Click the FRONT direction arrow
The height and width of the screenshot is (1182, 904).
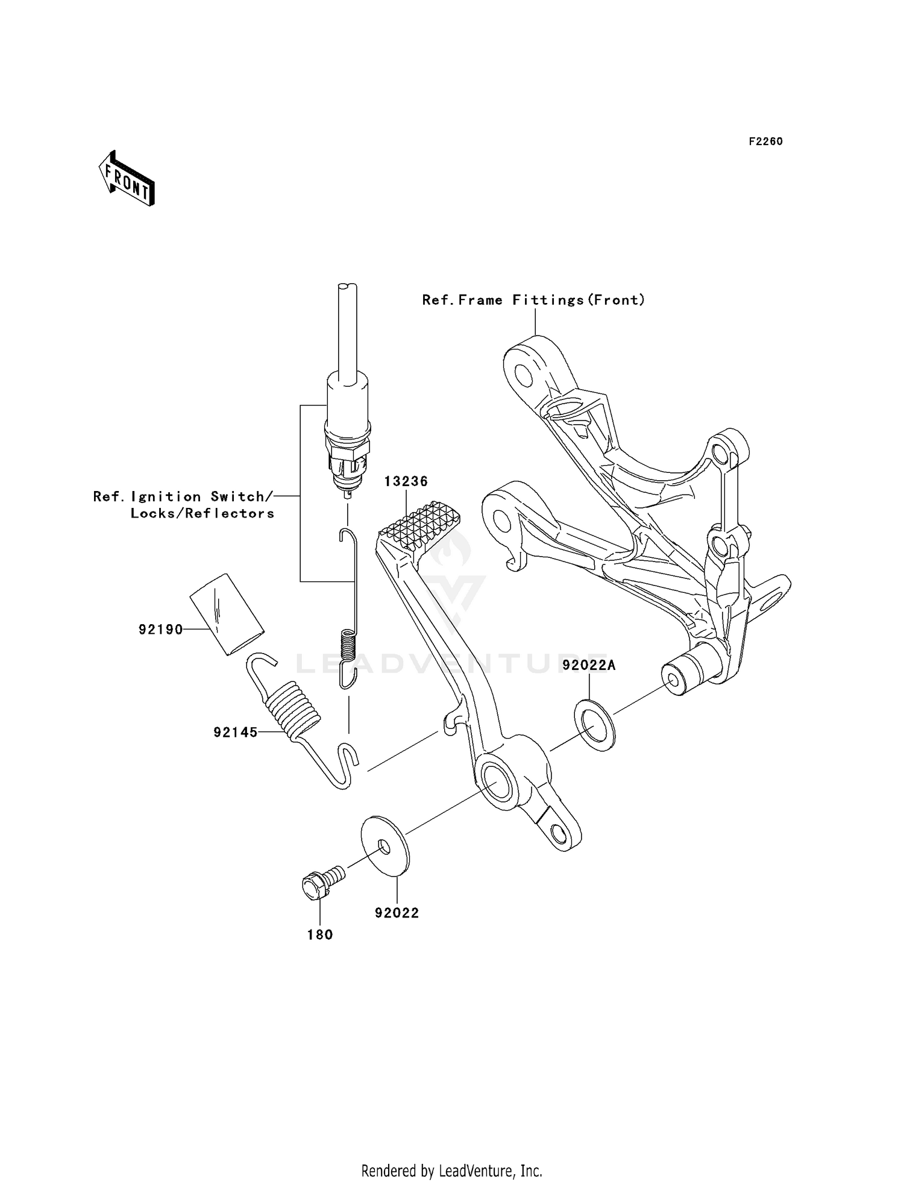[127, 179]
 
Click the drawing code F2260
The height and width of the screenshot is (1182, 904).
[765, 142]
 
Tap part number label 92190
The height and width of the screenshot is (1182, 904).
[160, 630]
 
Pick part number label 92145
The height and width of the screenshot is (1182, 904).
[235, 733]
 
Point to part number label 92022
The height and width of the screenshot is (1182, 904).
[397, 913]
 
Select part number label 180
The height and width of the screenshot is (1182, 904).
[320, 934]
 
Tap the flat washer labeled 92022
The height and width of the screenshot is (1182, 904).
[385, 845]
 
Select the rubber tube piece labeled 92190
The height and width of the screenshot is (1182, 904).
[227, 614]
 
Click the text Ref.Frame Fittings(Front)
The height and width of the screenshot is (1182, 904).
[533, 300]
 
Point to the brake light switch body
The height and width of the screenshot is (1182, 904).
[348, 434]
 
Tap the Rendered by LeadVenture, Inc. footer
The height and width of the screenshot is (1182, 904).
[451, 1171]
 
